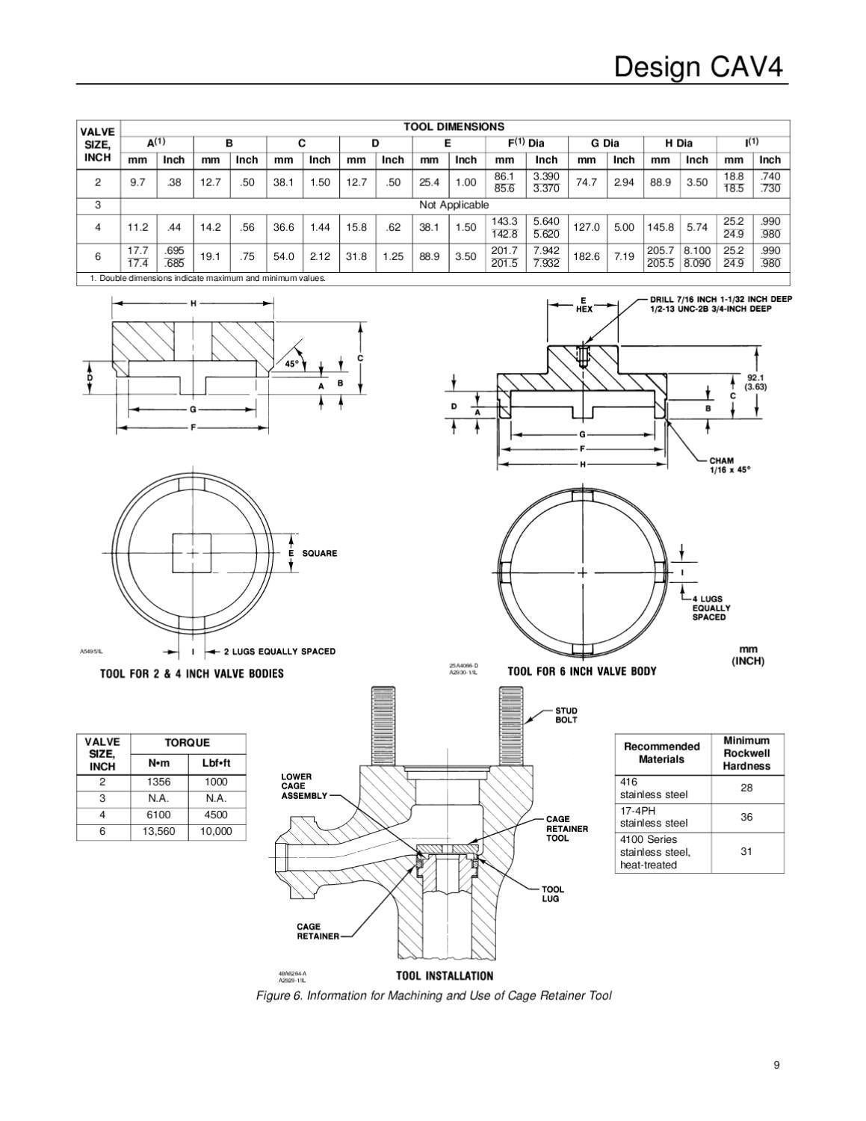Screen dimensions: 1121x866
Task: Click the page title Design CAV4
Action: click(699, 67)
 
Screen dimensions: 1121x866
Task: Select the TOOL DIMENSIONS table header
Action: click(454, 127)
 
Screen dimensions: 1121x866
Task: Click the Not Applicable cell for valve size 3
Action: click(454, 205)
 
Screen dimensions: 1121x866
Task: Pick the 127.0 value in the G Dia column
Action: click(587, 227)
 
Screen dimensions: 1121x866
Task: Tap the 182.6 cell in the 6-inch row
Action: click(587, 256)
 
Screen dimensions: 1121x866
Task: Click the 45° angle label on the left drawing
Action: click(291, 364)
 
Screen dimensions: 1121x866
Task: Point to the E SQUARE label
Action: click(313, 554)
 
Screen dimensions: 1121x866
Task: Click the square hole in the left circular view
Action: click(193, 554)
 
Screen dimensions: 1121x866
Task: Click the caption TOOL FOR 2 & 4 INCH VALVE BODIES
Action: click(192, 674)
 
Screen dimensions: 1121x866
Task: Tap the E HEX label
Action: click(584, 305)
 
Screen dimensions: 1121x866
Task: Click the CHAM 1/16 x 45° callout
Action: click(729, 466)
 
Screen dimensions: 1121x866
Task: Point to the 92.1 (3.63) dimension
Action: click(757, 382)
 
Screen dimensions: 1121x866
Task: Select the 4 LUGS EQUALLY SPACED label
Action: click(709, 608)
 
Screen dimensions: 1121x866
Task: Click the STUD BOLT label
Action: click(566, 715)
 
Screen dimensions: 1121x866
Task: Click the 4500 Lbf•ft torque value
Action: click(217, 815)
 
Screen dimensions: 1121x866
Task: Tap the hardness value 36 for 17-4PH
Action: click(746, 818)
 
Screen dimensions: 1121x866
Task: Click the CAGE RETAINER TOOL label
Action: click(566, 829)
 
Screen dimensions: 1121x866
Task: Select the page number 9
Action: click(777, 1065)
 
